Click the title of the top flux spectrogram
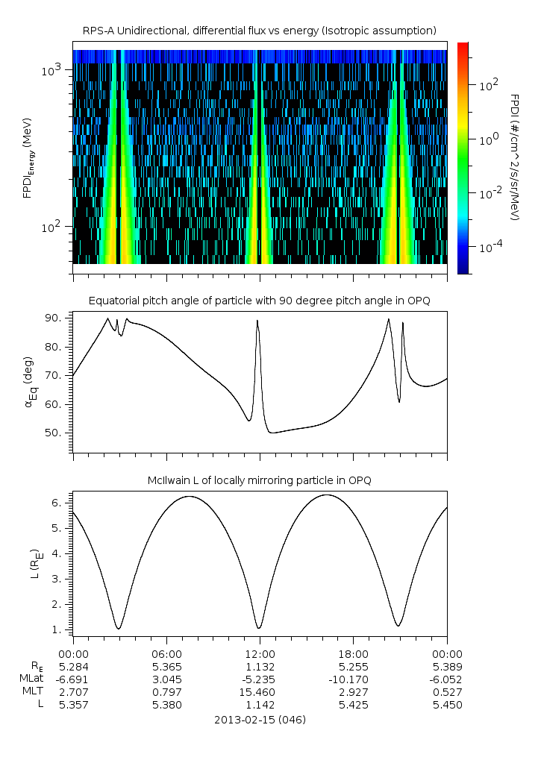pos(259,30)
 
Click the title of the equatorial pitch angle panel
pos(259,301)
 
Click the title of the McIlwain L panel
pos(259,480)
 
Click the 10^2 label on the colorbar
pos(488,85)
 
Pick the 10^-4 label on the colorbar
pos(490,246)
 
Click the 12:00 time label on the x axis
pos(260,652)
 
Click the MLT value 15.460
pos(260,692)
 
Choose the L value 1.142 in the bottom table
pos(260,705)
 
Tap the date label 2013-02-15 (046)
pos(260,720)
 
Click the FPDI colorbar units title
pos(514,157)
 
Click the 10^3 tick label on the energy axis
pos(51,70)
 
